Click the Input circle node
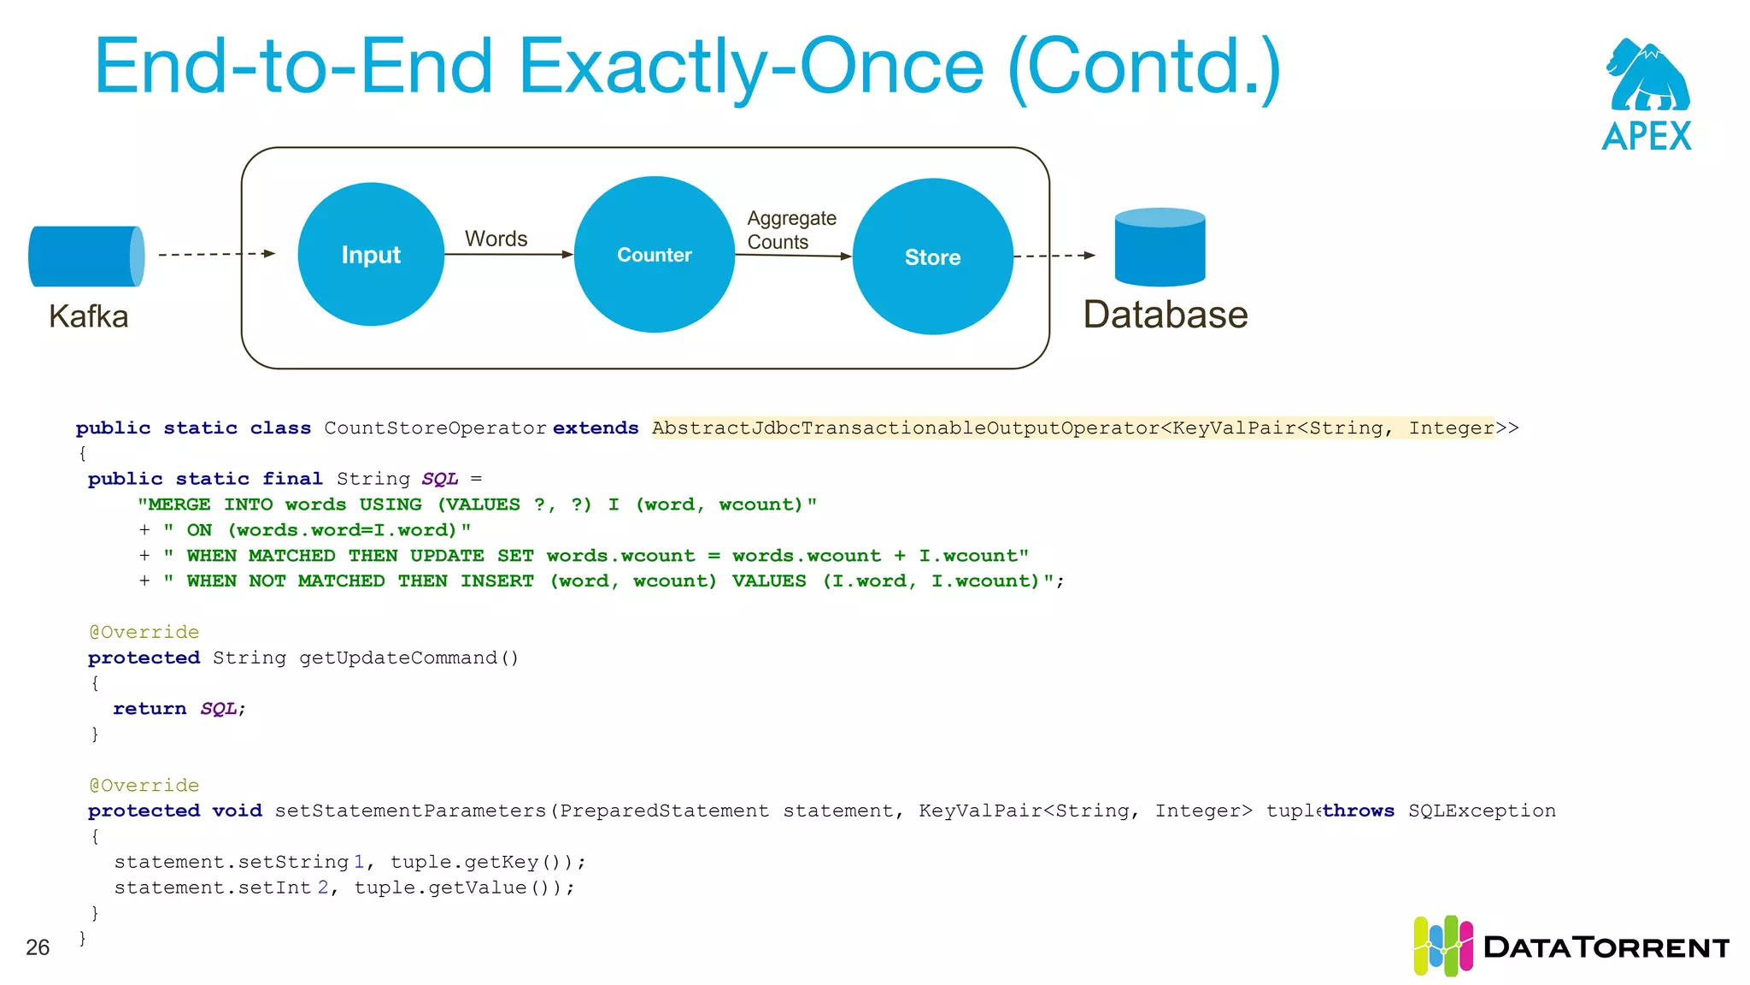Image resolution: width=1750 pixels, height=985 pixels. coord(371,254)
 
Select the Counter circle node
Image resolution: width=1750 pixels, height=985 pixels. coord(655,254)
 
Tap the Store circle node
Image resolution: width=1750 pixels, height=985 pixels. coord(932,257)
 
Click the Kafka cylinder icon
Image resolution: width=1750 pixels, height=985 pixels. coord(86,256)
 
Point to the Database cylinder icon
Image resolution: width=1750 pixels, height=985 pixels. coord(1160,247)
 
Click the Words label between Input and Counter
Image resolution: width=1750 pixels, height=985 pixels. coord(496,239)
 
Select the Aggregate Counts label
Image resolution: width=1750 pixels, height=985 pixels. coord(791,230)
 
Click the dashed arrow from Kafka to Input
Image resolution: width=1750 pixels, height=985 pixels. coord(216,254)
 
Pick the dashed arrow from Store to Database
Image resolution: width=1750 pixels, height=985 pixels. coord(1054,256)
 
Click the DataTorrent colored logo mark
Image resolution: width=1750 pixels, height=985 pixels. coord(1442,946)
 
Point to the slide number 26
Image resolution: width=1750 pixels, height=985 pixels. coord(38,947)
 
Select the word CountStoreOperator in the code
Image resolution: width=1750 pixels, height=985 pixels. coord(435,428)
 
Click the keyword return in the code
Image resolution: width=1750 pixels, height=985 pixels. coord(150,709)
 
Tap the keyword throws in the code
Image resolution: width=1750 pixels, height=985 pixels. coord(1359,811)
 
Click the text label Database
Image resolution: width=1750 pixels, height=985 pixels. coord(1166,315)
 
